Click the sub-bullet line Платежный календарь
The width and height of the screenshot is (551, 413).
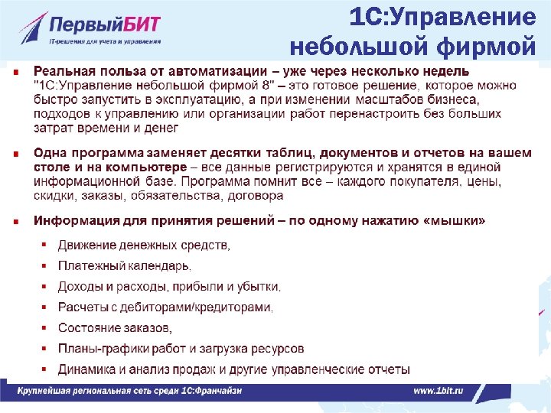click(125, 266)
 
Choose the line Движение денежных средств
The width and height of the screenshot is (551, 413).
click(144, 246)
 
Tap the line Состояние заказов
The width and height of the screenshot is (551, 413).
click(115, 328)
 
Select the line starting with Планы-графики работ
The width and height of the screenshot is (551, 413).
click(181, 349)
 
